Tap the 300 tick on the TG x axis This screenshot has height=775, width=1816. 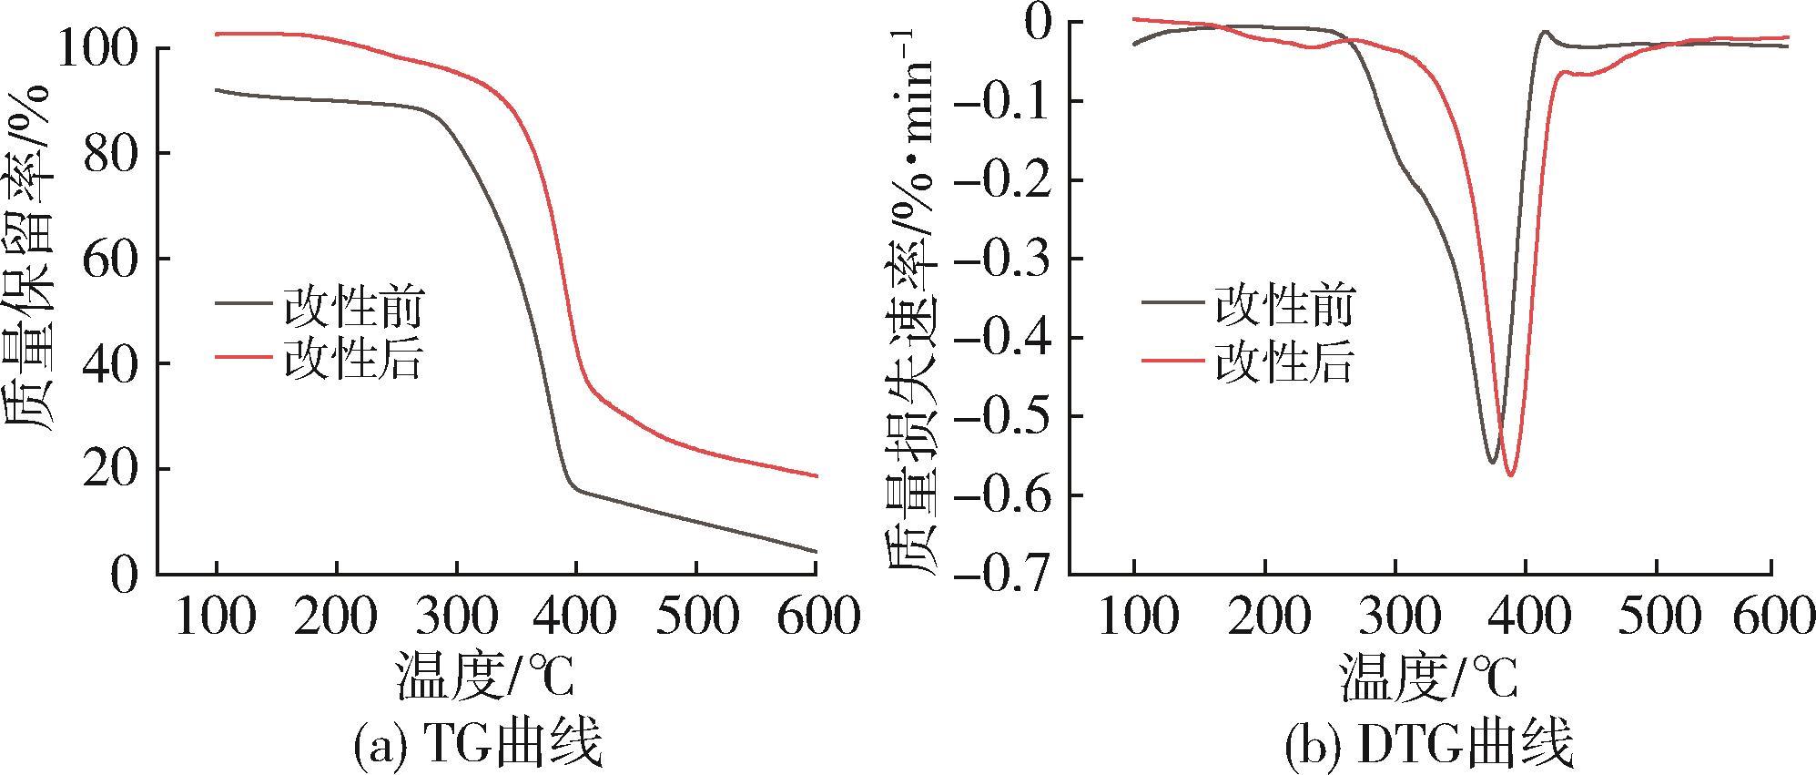point(456,616)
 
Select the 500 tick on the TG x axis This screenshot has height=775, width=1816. point(696,616)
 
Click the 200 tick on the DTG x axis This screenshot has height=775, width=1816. point(1265,616)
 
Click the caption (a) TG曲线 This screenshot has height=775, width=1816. point(477,744)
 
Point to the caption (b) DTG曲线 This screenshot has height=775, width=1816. point(1427,744)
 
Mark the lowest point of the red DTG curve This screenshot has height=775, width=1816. point(1510,475)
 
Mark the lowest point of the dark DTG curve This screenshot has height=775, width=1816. point(1492,463)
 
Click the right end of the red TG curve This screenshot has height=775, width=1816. point(817,475)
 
